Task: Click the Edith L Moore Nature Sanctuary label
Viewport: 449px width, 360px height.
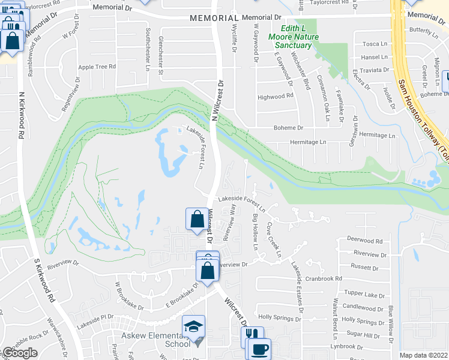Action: (298, 37)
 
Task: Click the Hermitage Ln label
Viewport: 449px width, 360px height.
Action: (308, 142)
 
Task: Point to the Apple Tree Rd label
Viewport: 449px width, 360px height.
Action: (97, 67)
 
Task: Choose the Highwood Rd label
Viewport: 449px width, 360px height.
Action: (275, 96)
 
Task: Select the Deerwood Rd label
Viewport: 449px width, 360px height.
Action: (365, 241)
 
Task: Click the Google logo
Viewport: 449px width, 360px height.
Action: (20, 353)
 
